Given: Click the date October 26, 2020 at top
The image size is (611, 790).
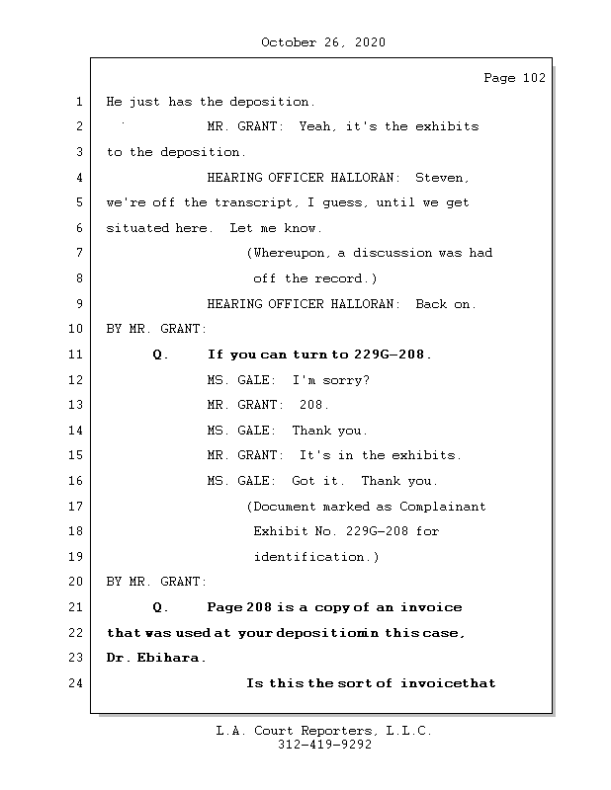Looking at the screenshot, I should pos(322,42).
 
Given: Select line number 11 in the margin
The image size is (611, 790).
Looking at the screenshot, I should pos(77,355).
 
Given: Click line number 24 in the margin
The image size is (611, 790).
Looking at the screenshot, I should pos(77,682).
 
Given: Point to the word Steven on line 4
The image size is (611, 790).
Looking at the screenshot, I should pos(438,178).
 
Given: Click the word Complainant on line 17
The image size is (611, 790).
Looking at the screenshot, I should pos(443,507).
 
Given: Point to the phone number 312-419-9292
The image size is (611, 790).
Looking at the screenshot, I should pos(324,746).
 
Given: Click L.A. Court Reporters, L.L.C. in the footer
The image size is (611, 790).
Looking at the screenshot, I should pos(324,731).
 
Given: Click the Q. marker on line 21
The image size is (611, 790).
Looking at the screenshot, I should pos(161,607).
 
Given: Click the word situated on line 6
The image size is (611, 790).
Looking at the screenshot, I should pos(137,228).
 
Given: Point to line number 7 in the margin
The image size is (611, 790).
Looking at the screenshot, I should pos(77,253).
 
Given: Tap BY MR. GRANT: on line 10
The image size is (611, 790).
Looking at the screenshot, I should pos(156,329).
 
